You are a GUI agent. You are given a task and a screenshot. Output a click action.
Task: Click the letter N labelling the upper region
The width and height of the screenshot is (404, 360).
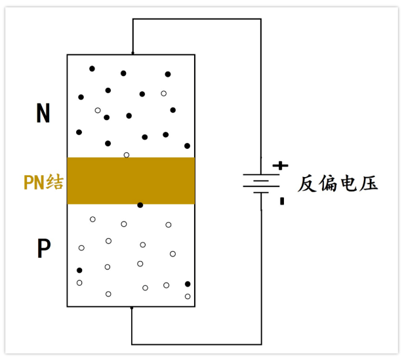tap(43, 113)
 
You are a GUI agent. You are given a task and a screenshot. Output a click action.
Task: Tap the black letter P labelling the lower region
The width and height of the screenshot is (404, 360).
tap(43, 249)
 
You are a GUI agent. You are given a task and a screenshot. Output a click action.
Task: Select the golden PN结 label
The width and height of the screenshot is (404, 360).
tap(43, 182)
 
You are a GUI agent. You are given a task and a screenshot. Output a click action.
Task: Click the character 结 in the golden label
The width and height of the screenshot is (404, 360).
tap(56, 182)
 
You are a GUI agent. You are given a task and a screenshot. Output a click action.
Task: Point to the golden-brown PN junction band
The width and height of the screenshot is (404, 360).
tap(131, 180)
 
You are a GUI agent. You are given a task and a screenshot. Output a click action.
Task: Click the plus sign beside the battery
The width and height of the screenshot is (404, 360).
tap(280, 166)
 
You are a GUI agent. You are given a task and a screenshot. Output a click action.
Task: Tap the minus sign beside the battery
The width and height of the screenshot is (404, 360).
tap(282, 201)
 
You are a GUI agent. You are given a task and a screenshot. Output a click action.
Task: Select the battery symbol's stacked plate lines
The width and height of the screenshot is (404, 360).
tap(261, 184)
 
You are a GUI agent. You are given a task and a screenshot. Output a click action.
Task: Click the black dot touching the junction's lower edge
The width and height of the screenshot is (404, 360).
tap(140, 205)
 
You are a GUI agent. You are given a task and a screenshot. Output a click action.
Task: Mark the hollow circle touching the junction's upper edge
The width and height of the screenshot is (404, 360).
tap(127, 155)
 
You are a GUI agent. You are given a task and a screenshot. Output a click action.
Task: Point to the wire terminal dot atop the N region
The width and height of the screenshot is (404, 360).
tap(132, 53)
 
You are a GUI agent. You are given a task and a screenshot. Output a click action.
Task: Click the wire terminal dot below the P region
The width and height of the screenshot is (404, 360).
tap(132, 307)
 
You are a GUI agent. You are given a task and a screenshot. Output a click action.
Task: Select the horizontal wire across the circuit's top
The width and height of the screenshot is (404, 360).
tap(197, 19)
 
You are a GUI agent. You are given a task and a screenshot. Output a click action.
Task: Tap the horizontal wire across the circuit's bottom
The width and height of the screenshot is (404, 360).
tap(197, 344)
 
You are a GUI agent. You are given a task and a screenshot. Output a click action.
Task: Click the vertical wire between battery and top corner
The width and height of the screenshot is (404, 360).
tap(261, 92)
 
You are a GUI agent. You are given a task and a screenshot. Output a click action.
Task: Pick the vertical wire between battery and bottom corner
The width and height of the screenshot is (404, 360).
tap(261, 275)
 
